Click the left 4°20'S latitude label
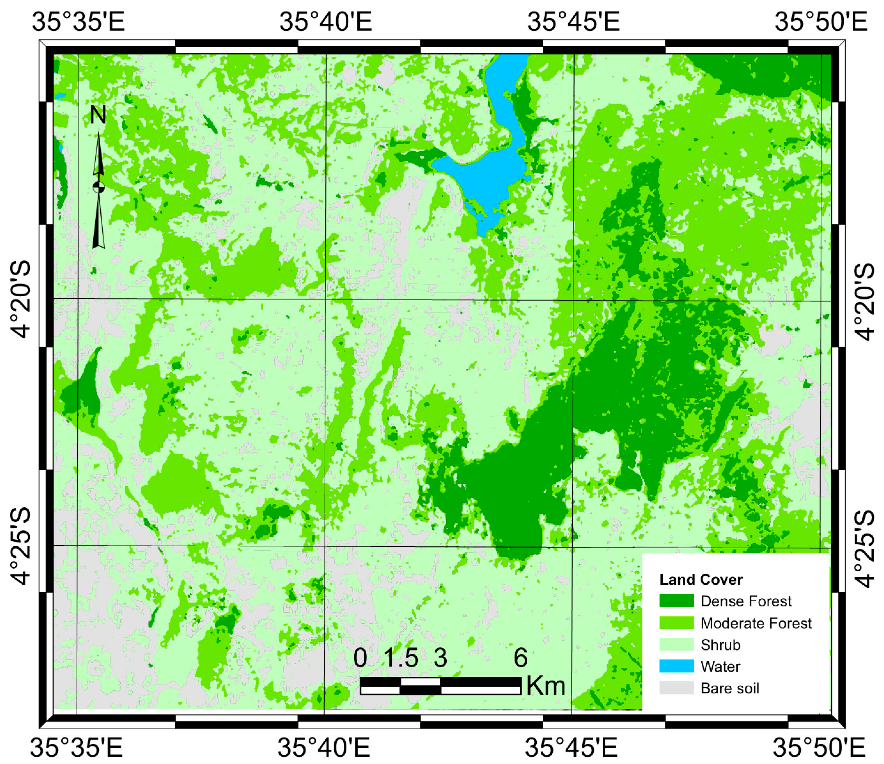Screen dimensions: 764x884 tap(20, 299)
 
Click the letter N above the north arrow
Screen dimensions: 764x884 tap(98, 115)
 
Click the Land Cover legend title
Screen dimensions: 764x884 tap(701, 580)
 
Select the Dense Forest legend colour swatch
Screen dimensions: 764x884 tap(676, 601)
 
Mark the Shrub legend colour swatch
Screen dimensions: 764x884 tap(676, 644)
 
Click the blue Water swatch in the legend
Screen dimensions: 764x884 tap(676, 666)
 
